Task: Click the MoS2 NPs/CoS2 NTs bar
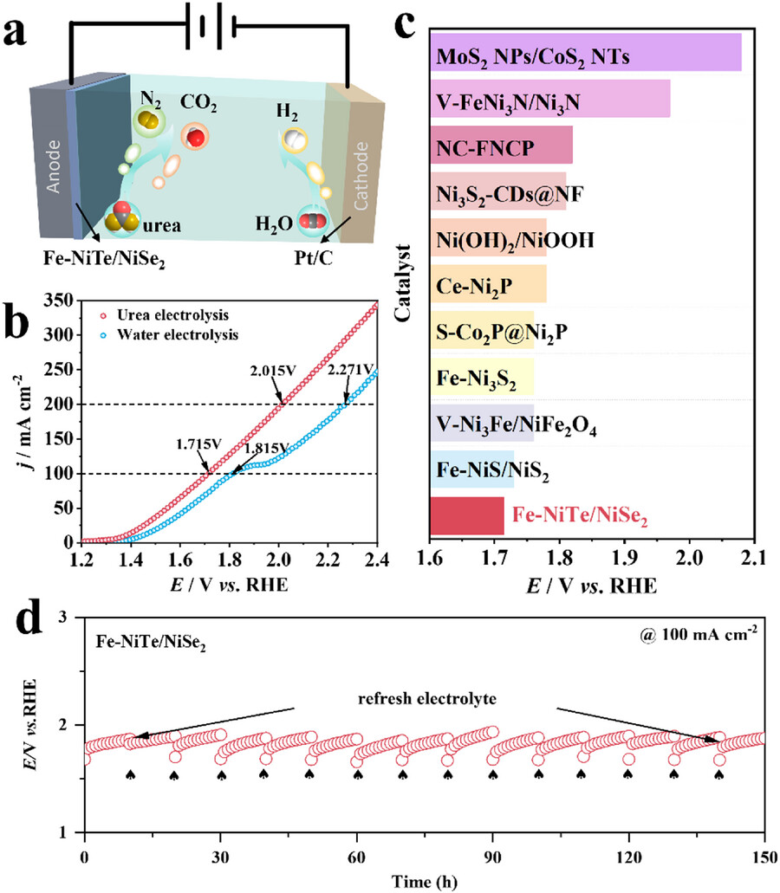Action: coord(586,52)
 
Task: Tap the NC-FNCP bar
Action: coord(501,145)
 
